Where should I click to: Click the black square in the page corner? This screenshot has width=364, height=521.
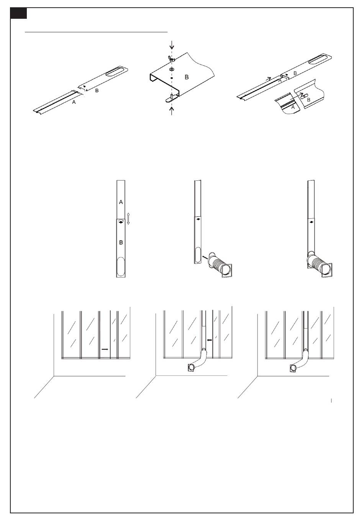19,13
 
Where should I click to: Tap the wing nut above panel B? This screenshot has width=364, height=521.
172,59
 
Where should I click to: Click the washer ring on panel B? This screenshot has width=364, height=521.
172,70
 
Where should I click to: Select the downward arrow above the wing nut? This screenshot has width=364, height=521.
172,45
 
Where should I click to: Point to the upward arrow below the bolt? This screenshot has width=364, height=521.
172,111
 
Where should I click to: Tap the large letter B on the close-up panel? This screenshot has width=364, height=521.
187,77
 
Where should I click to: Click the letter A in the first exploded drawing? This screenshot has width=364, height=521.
74,102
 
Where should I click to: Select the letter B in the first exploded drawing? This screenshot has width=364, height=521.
97,90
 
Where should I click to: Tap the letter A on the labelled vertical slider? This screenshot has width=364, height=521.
121,202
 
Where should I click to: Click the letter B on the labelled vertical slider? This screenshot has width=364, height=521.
121,242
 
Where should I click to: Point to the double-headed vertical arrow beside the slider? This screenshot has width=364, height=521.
128,219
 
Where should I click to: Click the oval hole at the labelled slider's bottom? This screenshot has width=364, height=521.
121,266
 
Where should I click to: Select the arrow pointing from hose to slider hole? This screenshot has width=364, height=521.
205,257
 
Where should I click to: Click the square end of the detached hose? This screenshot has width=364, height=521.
227,271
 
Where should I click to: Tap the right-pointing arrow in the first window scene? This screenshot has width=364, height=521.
105,349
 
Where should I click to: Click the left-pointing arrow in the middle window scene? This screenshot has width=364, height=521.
209,340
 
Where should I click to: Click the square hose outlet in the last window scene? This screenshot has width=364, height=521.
294,368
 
